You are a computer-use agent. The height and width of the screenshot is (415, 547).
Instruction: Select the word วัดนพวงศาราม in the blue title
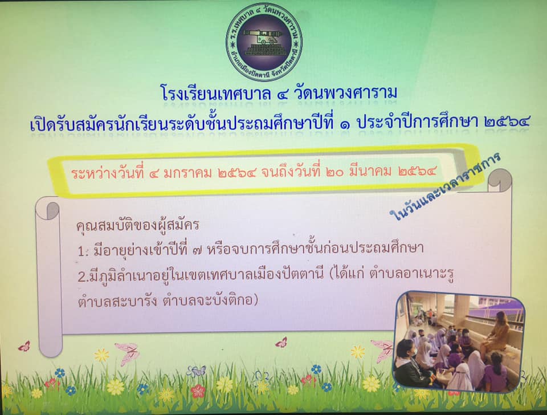tap(346, 92)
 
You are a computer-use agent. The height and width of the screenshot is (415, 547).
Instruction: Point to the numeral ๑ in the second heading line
tap(345, 123)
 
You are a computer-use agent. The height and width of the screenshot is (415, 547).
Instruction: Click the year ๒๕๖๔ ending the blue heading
tap(507, 122)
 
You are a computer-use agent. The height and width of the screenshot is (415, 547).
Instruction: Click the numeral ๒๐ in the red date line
tap(334, 172)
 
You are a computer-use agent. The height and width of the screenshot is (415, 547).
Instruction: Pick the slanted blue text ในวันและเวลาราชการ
tap(446, 188)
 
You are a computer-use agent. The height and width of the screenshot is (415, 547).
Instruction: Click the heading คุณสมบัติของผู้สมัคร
tap(138, 225)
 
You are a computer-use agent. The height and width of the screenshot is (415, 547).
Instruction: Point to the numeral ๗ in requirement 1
tap(197, 250)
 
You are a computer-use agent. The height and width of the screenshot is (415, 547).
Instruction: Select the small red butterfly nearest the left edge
tap(24, 346)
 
